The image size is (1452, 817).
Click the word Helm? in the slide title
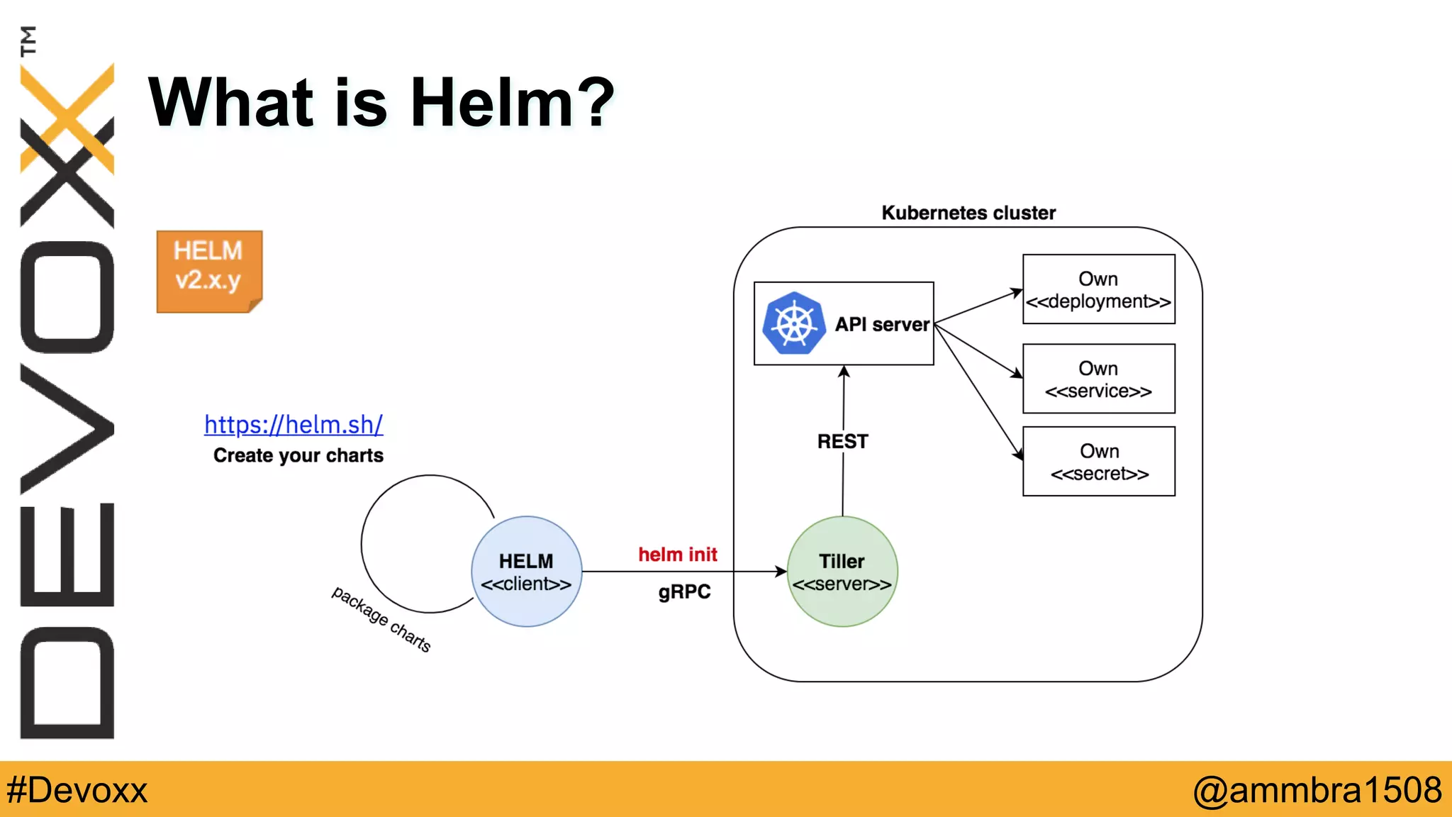(x=512, y=103)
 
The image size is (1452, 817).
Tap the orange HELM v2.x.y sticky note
(x=209, y=270)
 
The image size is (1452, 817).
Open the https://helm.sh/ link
(x=294, y=424)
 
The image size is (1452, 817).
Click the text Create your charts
(x=298, y=455)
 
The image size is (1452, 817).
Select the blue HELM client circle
(x=526, y=572)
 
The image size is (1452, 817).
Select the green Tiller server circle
(x=842, y=572)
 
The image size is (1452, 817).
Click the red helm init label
(x=677, y=554)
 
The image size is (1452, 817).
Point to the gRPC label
(x=683, y=591)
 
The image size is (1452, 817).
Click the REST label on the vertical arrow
(x=842, y=441)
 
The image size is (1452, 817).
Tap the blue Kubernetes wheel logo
(x=794, y=323)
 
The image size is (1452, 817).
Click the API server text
(x=881, y=324)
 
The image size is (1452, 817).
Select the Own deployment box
(x=1098, y=289)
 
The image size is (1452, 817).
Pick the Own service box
(x=1098, y=379)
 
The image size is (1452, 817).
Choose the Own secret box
(x=1098, y=462)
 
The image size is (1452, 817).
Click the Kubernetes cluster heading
(x=968, y=213)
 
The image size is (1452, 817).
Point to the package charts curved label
(x=381, y=619)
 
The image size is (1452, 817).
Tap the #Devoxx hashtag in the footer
(x=77, y=790)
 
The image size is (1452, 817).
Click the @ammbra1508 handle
(x=1317, y=790)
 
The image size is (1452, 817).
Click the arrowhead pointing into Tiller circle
(x=781, y=572)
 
